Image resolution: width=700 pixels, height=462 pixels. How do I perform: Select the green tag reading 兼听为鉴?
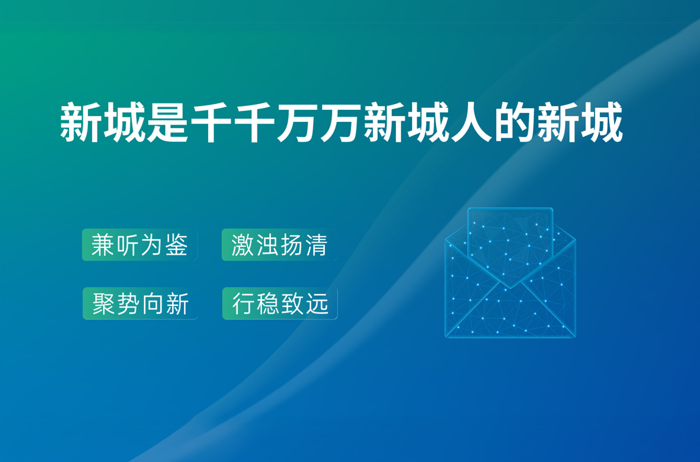(x=140, y=245)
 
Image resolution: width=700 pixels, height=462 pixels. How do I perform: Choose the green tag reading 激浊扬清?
(x=280, y=245)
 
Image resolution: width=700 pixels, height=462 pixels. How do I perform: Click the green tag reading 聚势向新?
(x=140, y=303)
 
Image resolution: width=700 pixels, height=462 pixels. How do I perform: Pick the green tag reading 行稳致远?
(x=280, y=303)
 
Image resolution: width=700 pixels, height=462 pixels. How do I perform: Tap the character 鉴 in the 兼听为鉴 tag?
(x=177, y=245)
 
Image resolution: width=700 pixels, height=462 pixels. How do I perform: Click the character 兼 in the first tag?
(x=103, y=245)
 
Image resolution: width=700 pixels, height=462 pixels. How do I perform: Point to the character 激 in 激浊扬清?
(x=242, y=245)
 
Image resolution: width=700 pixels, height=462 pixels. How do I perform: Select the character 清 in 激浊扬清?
(x=317, y=245)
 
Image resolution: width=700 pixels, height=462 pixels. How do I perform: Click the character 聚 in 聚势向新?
(x=103, y=303)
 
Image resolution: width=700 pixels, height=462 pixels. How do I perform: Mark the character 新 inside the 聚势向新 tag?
(x=178, y=303)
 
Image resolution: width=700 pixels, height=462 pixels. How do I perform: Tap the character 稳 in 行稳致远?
(x=268, y=303)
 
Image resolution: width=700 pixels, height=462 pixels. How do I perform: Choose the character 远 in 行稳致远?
(x=317, y=303)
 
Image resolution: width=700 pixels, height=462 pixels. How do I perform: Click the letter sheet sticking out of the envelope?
(x=510, y=238)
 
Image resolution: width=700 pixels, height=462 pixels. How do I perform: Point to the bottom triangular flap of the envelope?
(x=510, y=316)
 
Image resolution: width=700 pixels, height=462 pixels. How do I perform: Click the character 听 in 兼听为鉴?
(x=127, y=245)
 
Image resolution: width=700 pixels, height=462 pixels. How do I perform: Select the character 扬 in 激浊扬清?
(x=292, y=245)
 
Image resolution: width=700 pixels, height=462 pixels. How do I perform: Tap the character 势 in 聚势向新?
(x=128, y=303)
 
